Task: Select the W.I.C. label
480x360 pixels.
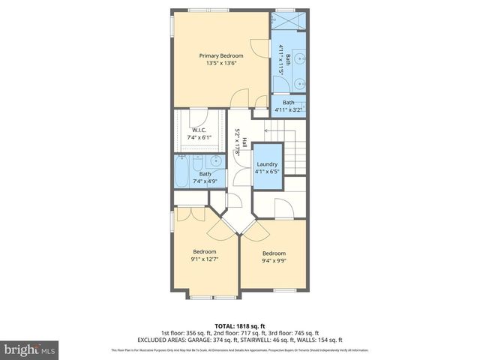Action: coord(199,129)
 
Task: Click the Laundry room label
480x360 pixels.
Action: coord(267,164)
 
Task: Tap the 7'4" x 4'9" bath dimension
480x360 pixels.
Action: coord(205,181)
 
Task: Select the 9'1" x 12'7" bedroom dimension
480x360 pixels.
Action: coord(205,259)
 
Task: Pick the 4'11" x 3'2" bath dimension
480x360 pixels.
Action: coord(289,110)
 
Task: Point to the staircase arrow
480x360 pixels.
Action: coord(268,129)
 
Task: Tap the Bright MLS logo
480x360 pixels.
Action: coord(29,349)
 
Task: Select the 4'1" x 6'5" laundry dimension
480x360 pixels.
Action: coord(267,172)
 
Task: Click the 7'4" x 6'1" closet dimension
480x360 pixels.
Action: coord(199,136)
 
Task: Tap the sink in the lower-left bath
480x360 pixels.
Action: coord(215,160)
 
